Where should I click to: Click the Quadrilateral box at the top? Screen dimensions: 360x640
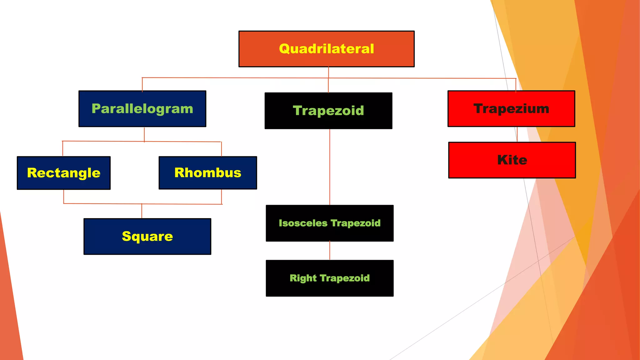click(326, 49)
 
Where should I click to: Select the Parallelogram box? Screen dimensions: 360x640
click(142, 109)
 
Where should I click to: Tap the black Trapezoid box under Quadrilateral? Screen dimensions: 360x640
click(328, 111)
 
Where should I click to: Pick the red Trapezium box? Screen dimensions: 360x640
click(511, 109)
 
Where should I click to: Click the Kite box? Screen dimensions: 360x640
click(512, 160)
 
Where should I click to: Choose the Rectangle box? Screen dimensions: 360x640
click(64, 173)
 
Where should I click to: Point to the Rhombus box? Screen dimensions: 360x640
click(208, 173)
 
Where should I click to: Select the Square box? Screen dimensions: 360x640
click(147, 237)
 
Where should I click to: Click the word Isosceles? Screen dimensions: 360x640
click(303, 223)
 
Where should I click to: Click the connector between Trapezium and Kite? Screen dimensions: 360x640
click(517, 134)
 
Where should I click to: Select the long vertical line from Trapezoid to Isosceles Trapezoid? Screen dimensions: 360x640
click(330, 167)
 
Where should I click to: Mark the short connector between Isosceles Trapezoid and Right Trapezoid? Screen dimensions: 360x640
click(330, 251)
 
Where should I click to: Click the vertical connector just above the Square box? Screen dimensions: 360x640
click(142, 211)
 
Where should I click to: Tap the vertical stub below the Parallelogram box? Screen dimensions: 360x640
click(144, 134)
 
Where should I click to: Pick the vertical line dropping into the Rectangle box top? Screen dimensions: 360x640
click(63, 149)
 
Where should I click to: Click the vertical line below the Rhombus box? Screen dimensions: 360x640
click(222, 197)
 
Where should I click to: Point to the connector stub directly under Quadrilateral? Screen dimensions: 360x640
click(328, 72)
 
